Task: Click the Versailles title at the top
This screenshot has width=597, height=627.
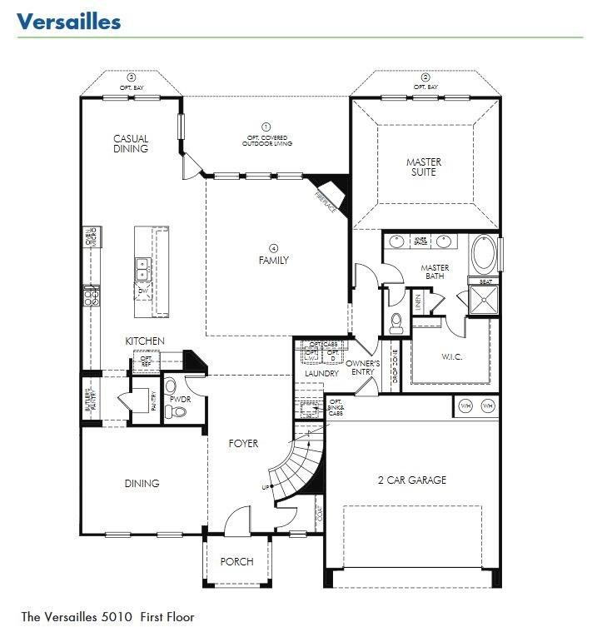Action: (x=68, y=21)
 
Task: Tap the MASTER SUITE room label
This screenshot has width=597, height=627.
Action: (x=424, y=167)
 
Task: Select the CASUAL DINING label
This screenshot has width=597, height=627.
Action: (x=131, y=144)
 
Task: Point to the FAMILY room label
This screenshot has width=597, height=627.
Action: (x=273, y=260)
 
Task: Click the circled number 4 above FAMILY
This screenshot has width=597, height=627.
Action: (x=273, y=247)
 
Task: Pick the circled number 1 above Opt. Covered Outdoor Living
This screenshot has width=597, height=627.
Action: (x=267, y=126)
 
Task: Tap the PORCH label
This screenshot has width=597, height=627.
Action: (x=236, y=561)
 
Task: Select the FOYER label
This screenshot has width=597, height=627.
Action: (x=243, y=444)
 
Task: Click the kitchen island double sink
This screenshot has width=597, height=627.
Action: (x=142, y=268)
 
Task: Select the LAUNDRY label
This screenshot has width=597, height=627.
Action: (x=321, y=374)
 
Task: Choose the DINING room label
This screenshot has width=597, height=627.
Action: (x=142, y=483)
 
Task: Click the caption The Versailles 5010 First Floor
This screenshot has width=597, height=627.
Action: (x=107, y=617)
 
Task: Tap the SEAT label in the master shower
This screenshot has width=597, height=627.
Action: (x=485, y=282)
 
